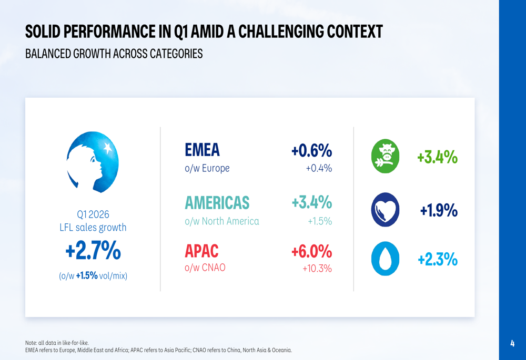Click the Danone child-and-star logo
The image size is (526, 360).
[x=93, y=161]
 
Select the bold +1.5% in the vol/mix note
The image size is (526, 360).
[x=87, y=275]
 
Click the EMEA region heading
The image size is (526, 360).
[x=202, y=150]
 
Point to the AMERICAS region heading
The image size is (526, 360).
[x=217, y=202]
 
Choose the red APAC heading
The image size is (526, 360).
[x=201, y=251]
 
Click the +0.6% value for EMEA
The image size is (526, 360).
[x=311, y=151]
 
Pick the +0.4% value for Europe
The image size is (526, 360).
[x=319, y=169]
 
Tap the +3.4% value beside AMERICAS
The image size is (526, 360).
[x=311, y=202]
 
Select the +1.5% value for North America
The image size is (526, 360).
[x=319, y=221]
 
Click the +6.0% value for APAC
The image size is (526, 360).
[x=311, y=251]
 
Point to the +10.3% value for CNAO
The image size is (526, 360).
[x=317, y=269]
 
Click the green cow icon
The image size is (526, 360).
[x=386, y=157]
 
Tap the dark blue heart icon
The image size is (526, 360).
[x=386, y=210]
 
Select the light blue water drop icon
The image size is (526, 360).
[x=386, y=259]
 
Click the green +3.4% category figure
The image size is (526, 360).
[x=437, y=157]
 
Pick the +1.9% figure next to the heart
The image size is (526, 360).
[x=439, y=210]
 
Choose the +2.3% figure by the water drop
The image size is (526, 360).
[x=437, y=259]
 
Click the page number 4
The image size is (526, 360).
[x=512, y=344]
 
